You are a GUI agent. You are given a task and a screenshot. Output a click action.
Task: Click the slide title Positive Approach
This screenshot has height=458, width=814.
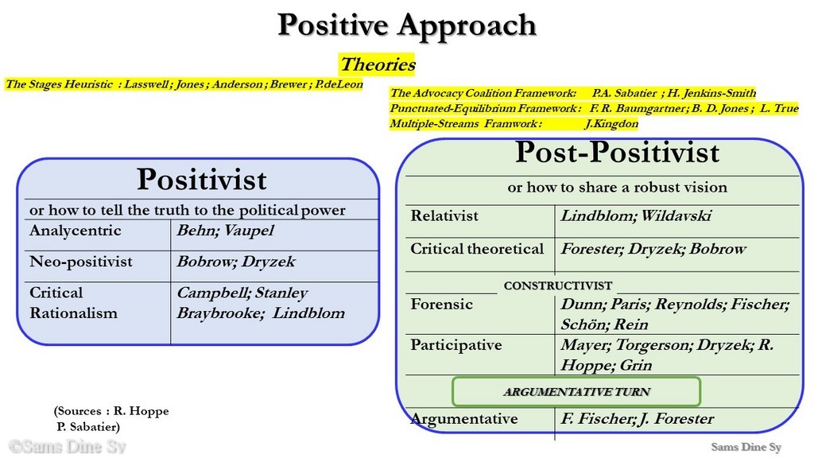tap(406, 25)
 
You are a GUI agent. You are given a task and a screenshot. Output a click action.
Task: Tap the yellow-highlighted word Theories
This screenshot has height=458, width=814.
tap(378, 64)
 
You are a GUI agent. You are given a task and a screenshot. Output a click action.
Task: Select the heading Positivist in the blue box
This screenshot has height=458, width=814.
tap(201, 179)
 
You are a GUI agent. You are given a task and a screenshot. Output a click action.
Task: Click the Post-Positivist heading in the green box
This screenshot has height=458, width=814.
tap(617, 152)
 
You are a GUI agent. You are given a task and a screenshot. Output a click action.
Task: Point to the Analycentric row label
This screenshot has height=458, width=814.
tap(76, 231)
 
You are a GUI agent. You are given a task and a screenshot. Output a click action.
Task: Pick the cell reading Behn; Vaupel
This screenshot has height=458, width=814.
tap(225, 231)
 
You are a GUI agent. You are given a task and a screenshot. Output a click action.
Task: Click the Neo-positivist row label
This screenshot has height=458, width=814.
tap(81, 261)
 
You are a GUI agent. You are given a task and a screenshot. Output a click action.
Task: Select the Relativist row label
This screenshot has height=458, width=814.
tap(444, 216)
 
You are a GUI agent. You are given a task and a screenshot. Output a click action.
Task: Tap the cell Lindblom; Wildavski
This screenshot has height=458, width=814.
tap(636, 216)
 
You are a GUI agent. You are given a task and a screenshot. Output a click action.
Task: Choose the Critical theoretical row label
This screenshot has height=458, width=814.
tap(477, 249)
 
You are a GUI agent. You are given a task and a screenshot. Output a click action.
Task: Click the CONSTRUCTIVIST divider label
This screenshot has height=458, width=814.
tap(557, 285)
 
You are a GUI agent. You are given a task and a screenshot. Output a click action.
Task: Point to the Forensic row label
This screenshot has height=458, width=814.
tap(441, 304)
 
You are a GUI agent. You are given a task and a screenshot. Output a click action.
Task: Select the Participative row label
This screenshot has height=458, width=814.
tap(455, 345)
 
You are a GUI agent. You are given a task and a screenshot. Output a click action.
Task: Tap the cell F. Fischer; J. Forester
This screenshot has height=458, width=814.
tap(637, 418)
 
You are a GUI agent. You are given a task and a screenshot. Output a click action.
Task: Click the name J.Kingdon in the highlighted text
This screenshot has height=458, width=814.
tap(611, 123)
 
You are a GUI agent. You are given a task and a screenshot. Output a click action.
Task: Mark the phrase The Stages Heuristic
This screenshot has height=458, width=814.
tap(59, 84)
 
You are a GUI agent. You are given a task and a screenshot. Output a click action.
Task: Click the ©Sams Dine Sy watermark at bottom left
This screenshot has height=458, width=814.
tap(68, 447)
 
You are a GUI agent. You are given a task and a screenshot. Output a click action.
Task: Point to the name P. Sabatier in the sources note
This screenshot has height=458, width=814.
tap(88, 427)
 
